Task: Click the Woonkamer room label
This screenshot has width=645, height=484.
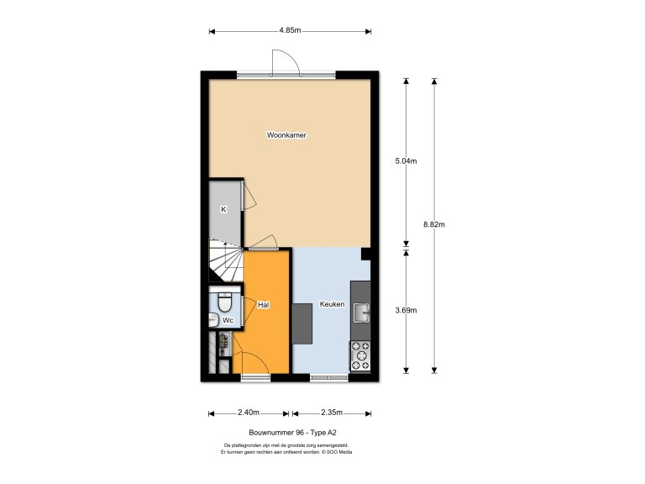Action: [286, 134]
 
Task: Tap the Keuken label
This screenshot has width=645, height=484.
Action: [332, 304]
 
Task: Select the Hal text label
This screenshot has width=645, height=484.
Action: [263, 304]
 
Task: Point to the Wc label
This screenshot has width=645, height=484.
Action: [227, 320]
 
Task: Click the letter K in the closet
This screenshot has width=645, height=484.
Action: [223, 209]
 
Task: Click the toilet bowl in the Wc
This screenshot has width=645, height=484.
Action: [224, 301]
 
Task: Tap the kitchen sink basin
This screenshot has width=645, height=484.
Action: [360, 313]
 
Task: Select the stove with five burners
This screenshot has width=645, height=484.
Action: [360, 355]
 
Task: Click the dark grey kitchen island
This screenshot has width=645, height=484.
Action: [302, 324]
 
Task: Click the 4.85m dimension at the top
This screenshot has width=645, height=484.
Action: [291, 31]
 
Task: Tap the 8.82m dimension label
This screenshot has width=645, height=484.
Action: [434, 224]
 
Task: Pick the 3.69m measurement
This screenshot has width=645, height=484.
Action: [406, 310]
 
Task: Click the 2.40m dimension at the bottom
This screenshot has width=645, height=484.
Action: [248, 413]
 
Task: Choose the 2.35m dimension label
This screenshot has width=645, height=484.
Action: [331, 413]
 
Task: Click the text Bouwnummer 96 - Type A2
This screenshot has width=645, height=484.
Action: [286, 432]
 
